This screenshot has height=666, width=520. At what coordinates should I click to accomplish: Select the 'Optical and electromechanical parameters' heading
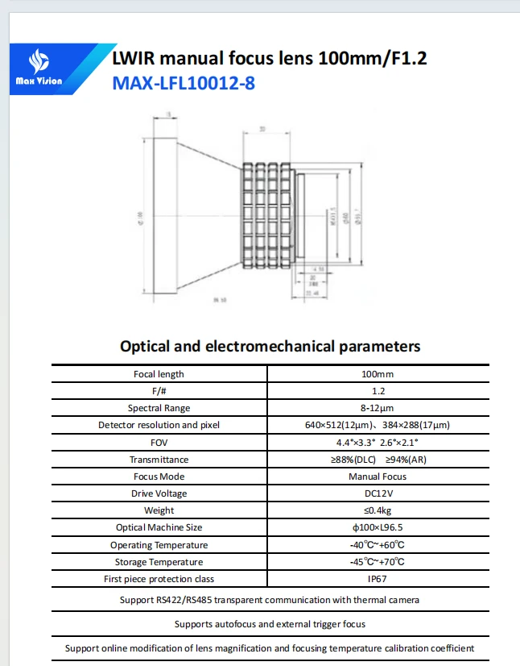pyautogui.click(x=270, y=347)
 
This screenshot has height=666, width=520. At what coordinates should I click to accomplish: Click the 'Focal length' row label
pyautogui.click(x=159, y=374)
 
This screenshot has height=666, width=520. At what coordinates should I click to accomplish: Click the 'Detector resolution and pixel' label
pyautogui.click(x=159, y=425)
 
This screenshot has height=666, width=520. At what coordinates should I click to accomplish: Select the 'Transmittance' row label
pyautogui.click(x=159, y=460)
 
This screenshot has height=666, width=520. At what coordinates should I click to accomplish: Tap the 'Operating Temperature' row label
pyautogui.click(x=159, y=545)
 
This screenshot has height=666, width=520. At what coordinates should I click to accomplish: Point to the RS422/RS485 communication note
pyautogui.click(x=270, y=600)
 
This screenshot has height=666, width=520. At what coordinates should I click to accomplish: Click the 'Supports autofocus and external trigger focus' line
pyautogui.click(x=270, y=624)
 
